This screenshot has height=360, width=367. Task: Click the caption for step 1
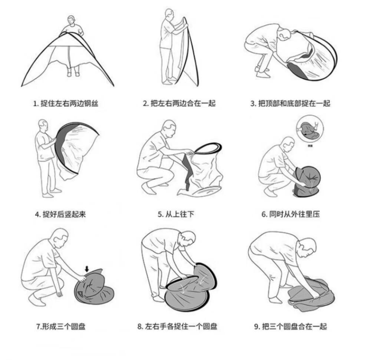click(x=66, y=103)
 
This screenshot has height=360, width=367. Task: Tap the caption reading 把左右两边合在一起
click(x=179, y=103)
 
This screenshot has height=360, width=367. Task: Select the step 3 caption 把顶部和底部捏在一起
click(x=290, y=103)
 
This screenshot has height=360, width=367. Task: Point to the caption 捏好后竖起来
click(x=61, y=214)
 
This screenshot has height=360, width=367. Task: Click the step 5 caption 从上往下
click(x=176, y=214)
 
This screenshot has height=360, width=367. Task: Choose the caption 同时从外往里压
click(x=291, y=214)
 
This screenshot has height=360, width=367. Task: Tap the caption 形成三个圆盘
click(x=61, y=326)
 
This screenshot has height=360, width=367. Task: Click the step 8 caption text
click(x=177, y=326)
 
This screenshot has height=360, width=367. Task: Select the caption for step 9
click(x=291, y=326)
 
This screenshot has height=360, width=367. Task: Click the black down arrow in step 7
click(x=87, y=269)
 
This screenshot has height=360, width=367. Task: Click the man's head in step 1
click(x=71, y=20)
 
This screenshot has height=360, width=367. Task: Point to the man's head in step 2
click(x=169, y=14)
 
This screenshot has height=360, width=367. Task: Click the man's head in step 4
click(x=43, y=126)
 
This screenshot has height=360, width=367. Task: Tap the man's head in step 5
click(x=169, y=128)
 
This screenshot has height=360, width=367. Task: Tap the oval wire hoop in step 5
click(x=208, y=148)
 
